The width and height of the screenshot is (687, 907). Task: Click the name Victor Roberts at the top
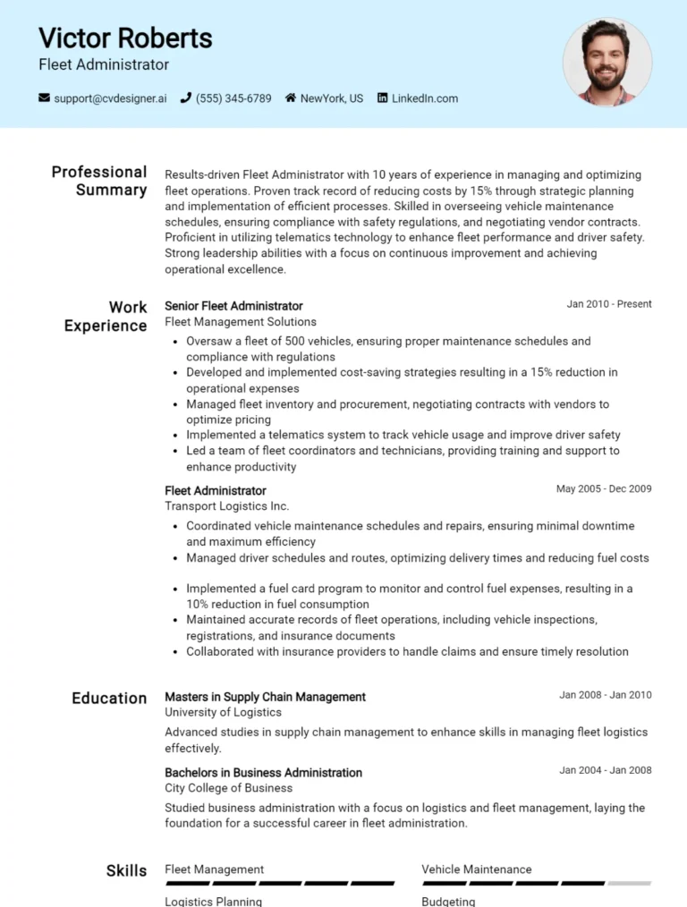click(x=125, y=38)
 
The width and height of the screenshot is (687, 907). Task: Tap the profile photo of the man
click(x=607, y=63)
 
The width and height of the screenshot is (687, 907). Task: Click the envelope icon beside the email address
click(x=44, y=98)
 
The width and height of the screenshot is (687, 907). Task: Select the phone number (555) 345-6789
click(x=233, y=98)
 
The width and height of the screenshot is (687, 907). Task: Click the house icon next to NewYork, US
click(x=291, y=98)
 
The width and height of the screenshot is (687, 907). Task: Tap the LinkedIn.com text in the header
click(x=424, y=98)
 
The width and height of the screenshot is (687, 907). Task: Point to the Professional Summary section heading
click(x=99, y=181)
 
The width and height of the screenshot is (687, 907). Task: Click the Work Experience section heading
click(x=106, y=317)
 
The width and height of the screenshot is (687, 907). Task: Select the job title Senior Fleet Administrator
click(x=233, y=306)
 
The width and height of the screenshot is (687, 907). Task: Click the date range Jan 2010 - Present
click(x=609, y=304)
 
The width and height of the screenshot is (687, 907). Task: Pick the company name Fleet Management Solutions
click(x=241, y=322)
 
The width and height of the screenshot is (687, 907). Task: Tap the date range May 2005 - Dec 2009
click(x=604, y=489)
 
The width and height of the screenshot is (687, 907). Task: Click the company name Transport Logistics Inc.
click(x=227, y=506)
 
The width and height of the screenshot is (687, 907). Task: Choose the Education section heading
click(x=109, y=699)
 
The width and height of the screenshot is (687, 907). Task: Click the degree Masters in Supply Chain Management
click(x=265, y=697)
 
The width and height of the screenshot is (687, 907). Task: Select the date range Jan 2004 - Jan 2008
click(x=606, y=770)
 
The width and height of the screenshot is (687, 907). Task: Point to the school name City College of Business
click(x=228, y=788)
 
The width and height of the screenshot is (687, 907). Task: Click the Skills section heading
click(x=126, y=870)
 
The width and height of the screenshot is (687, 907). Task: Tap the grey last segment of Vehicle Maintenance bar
click(x=630, y=884)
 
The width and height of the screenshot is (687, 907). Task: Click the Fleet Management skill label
click(x=214, y=869)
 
